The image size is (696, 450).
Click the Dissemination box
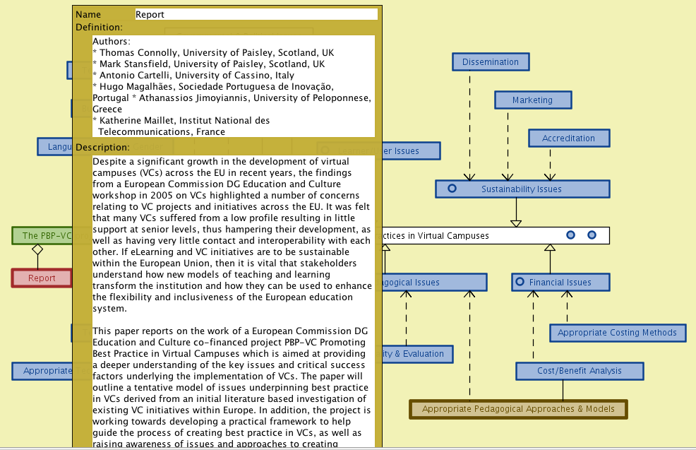490,62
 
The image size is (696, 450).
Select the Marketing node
532,100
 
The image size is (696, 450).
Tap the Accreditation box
568,138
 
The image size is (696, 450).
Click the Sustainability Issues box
522,189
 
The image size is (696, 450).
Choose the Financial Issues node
560,283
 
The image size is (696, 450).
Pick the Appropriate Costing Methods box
617,333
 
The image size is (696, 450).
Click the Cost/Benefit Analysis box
579,371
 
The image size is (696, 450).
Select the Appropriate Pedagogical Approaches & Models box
517,409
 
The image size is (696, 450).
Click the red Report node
42,278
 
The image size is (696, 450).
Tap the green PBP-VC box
42,236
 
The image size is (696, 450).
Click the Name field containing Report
256,14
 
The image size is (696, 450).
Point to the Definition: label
99,28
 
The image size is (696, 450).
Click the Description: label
102,147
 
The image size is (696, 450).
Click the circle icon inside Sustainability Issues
452,189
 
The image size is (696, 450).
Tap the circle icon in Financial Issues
520,283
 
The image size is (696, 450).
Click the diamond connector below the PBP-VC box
38,249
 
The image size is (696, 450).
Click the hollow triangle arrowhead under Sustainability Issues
516,223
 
